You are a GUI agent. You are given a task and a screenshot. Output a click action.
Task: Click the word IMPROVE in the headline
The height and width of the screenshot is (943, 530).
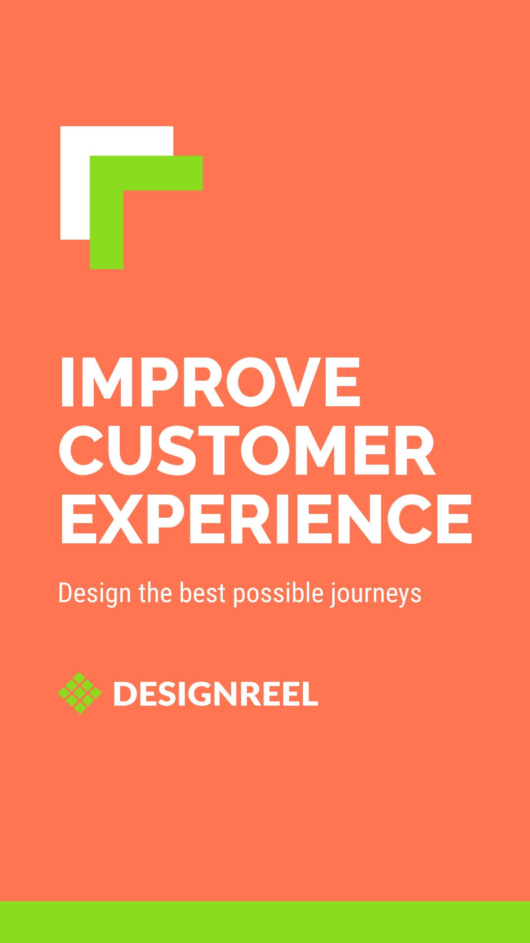(210, 382)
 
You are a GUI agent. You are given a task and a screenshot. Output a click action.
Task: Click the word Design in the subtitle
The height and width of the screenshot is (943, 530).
(95, 593)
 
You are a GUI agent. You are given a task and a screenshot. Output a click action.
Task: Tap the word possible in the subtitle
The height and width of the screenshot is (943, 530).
(278, 593)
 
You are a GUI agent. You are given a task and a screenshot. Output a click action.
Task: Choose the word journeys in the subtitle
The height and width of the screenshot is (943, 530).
(376, 593)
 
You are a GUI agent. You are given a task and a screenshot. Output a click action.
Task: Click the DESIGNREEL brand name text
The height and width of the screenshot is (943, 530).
(215, 693)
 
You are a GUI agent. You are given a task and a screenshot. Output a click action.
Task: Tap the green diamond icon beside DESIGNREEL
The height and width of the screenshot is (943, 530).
(79, 693)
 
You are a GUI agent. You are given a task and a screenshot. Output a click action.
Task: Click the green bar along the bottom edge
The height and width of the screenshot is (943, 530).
(265, 922)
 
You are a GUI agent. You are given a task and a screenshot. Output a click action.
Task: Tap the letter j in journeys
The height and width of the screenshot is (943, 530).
(333, 594)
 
